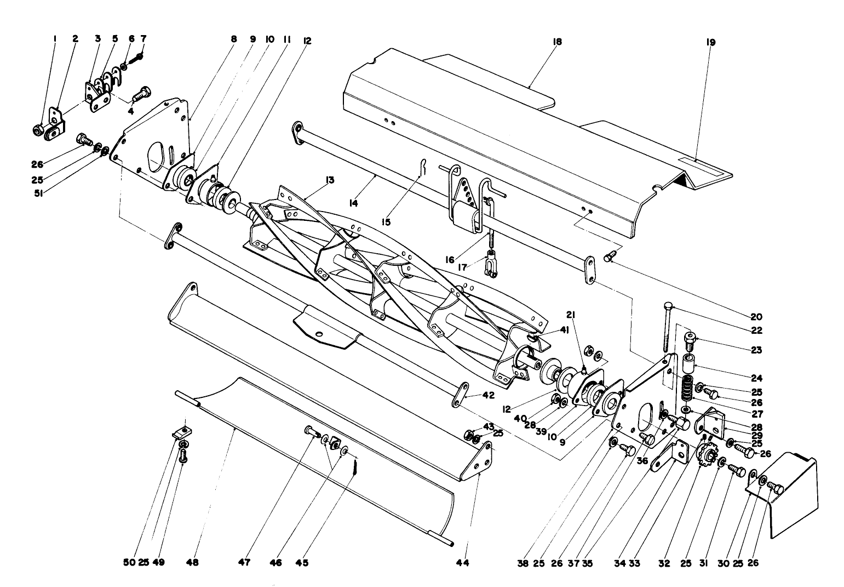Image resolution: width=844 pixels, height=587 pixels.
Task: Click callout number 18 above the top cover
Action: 558,42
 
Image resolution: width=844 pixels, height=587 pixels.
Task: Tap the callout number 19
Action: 711,42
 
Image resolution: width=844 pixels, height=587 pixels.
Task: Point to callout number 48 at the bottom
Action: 193,563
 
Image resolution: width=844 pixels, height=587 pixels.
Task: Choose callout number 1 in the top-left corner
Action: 55,39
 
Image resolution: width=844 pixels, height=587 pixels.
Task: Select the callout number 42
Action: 489,395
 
